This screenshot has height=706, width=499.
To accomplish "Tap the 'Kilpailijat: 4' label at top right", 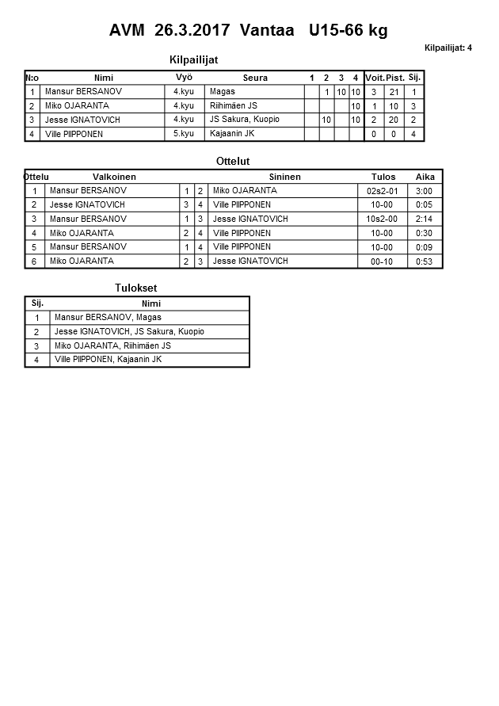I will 448,48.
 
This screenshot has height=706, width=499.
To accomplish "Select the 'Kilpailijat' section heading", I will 194,60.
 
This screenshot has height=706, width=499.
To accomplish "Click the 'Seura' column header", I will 255,78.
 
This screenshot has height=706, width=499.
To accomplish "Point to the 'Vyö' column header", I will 184,78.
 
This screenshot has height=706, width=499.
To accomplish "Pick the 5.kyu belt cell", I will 184,134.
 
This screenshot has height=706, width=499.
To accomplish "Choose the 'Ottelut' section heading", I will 233,162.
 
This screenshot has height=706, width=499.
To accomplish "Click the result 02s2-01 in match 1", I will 382,191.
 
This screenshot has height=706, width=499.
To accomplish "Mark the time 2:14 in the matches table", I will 425,219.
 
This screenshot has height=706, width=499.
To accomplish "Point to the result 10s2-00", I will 382,219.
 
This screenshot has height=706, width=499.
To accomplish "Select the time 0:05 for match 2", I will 425,205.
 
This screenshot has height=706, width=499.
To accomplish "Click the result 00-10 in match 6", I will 382,261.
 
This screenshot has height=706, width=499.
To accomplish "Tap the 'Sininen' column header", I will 284,177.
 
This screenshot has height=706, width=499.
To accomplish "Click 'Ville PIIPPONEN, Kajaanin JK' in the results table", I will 108,360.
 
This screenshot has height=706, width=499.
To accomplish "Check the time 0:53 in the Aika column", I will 425,261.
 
